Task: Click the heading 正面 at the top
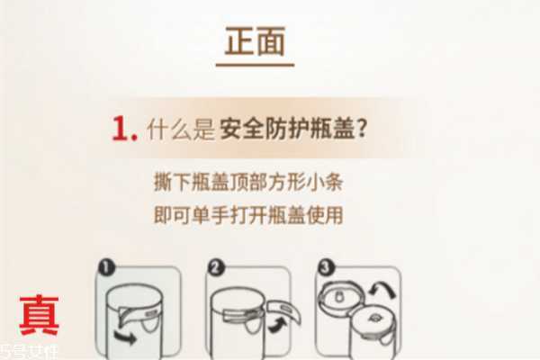tap(256, 43)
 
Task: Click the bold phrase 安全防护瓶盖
tap(287, 130)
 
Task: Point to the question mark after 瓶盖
tap(363, 130)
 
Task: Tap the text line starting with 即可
tap(248, 215)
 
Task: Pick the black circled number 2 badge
tap(215, 267)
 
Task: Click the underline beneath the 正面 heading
tap(256, 64)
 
